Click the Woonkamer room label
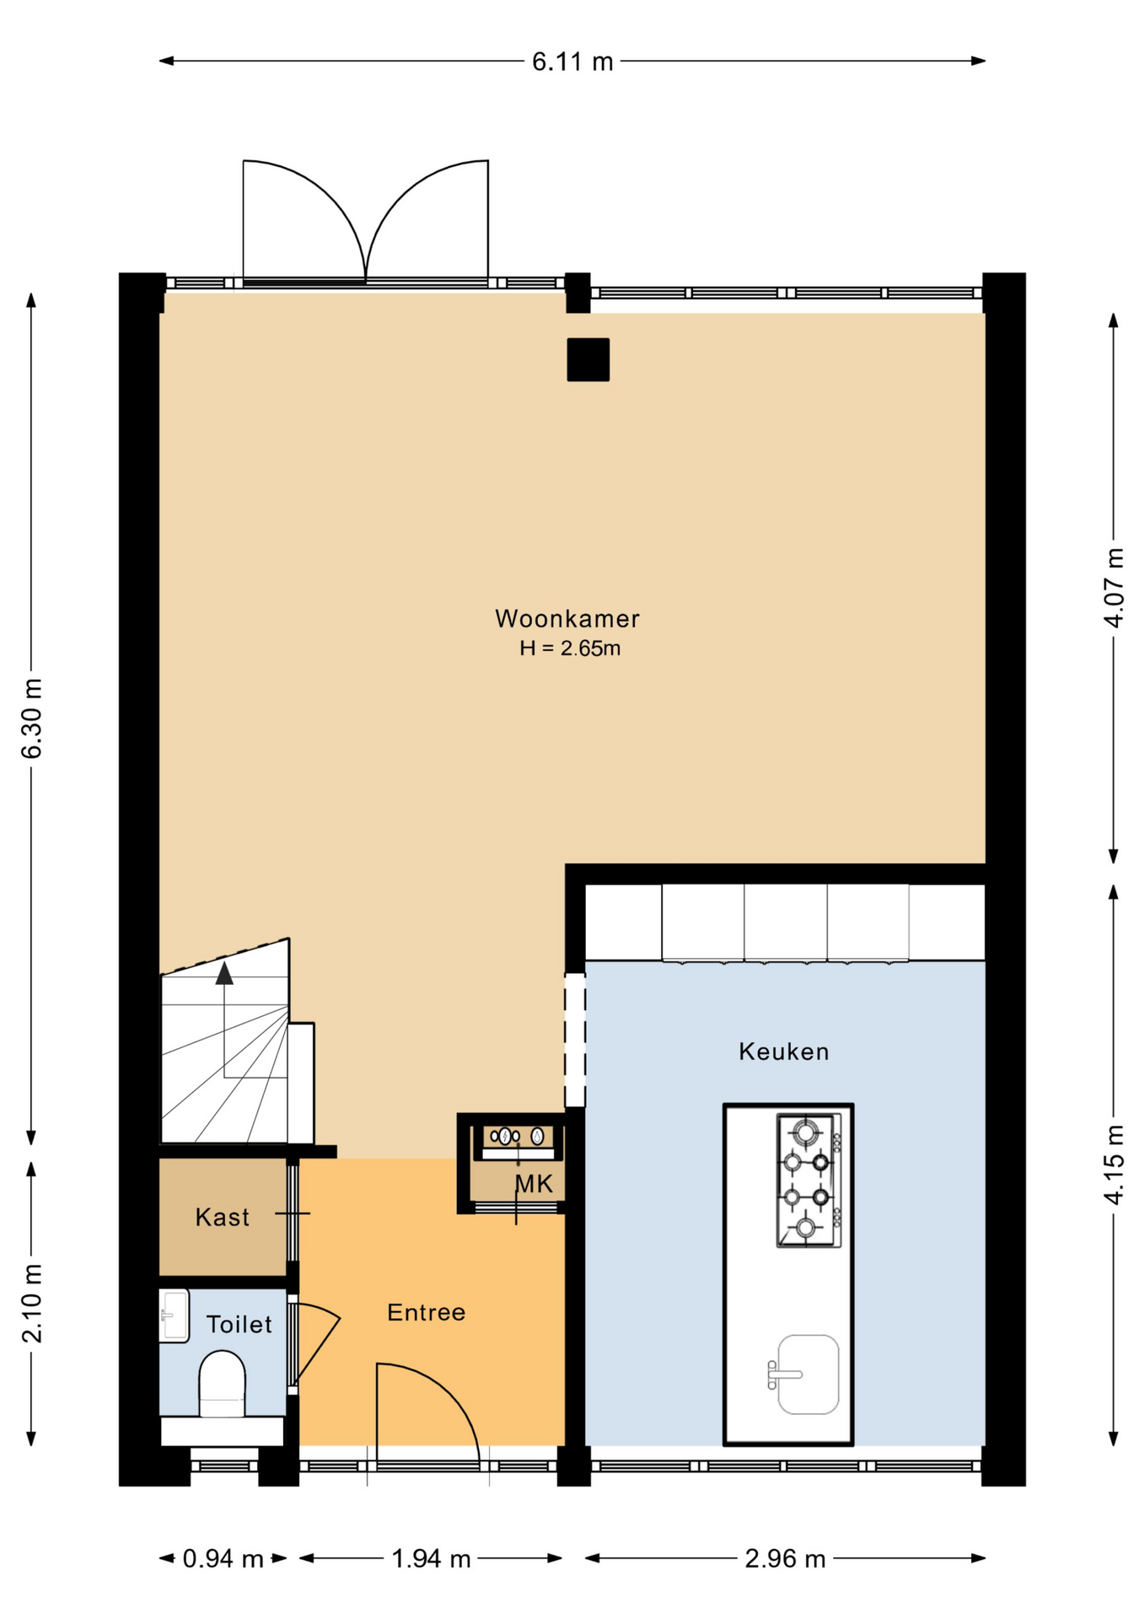click(x=567, y=619)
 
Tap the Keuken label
click(x=784, y=1052)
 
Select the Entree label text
click(x=426, y=1312)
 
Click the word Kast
click(x=222, y=1217)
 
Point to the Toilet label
click(x=239, y=1325)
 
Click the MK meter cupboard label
click(x=535, y=1184)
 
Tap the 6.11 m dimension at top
click(x=572, y=62)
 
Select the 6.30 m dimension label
click(x=32, y=718)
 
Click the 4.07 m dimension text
click(x=1114, y=588)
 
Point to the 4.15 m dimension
click(x=1114, y=1165)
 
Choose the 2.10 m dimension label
click(x=32, y=1303)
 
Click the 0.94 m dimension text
click(x=223, y=1559)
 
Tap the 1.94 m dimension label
click(x=431, y=1559)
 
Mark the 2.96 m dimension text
click(x=785, y=1559)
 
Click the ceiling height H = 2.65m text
click(x=570, y=648)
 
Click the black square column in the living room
click(x=588, y=359)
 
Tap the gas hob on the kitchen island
click(x=809, y=1180)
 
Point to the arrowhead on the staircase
click(x=224, y=973)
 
